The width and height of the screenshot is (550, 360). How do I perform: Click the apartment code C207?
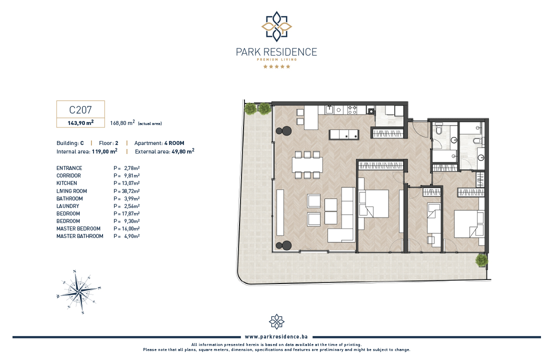click(x=80, y=110)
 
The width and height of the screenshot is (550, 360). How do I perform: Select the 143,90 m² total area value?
click(x=80, y=123)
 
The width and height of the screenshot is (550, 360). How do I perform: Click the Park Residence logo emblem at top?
click(x=276, y=26)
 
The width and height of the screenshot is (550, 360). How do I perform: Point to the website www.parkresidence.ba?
click(x=276, y=337)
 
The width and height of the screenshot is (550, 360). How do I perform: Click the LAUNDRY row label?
click(x=67, y=206)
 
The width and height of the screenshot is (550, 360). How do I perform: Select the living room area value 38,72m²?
click(x=131, y=191)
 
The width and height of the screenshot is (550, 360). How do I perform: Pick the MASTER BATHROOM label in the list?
click(x=80, y=236)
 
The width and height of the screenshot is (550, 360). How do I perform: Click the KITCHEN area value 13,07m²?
click(x=131, y=183)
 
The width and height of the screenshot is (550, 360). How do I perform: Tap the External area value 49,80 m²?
click(x=182, y=151)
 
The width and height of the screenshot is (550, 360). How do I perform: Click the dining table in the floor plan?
click(x=307, y=164)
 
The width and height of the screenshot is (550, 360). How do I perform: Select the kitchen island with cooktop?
click(x=344, y=134)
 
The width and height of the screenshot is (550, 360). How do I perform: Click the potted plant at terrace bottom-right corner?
click(x=481, y=260)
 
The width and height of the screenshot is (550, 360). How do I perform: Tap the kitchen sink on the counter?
click(x=329, y=110)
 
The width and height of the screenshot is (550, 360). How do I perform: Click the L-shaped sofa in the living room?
click(x=342, y=214)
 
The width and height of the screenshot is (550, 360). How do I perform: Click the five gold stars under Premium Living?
click(x=277, y=66)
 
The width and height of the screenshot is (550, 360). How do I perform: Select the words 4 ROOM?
click(x=174, y=143)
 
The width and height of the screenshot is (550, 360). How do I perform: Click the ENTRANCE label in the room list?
click(x=69, y=168)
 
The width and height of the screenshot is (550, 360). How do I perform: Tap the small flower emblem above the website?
click(x=276, y=322)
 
